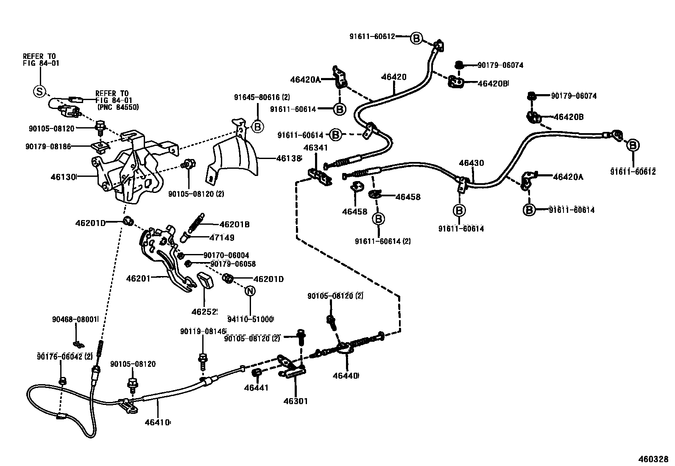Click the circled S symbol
39,91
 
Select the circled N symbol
250,291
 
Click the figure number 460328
653,459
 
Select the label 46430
471,163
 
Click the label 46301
295,401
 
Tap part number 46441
256,388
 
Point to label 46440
345,376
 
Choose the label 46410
157,422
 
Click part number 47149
221,237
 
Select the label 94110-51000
250,319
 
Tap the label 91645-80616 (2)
262,97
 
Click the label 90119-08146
203,331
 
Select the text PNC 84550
117,107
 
